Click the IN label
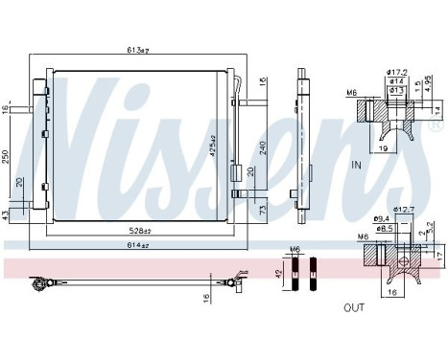point(383,165)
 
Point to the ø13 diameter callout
point(395,90)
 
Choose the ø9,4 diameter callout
point(382,220)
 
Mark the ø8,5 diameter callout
point(385,230)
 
